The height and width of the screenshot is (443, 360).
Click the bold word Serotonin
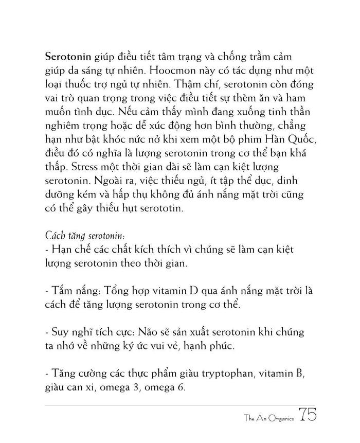click(x=68, y=55)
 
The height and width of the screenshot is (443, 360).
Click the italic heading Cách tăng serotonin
click(x=84, y=236)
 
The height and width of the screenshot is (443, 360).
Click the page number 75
click(x=307, y=416)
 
